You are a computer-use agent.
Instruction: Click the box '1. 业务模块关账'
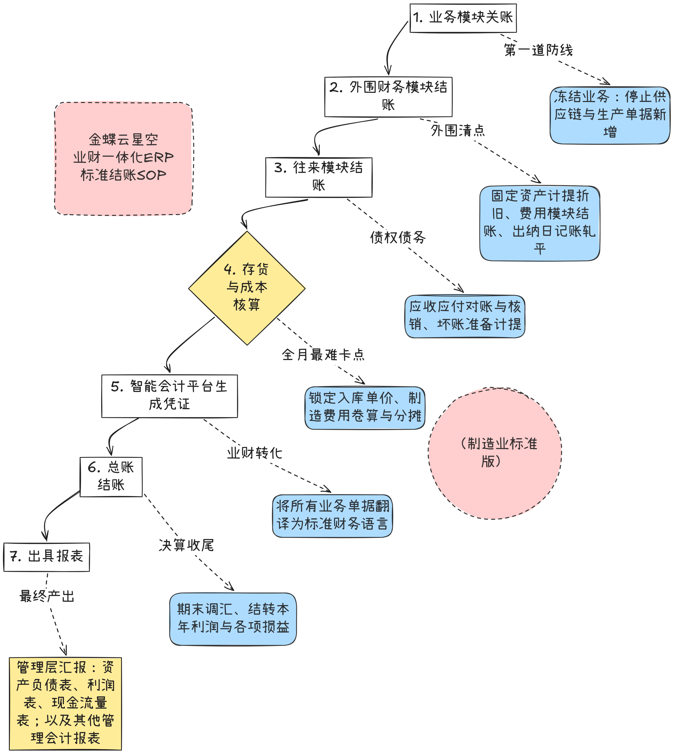click(x=463, y=18)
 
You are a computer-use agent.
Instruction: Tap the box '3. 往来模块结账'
click(x=319, y=177)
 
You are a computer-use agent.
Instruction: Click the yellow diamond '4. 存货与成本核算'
click(x=247, y=288)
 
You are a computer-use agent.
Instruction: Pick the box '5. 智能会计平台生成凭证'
click(x=170, y=396)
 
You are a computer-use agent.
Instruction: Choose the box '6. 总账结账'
click(x=111, y=477)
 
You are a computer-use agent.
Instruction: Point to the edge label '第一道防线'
click(x=538, y=50)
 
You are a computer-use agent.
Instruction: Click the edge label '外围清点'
click(x=458, y=130)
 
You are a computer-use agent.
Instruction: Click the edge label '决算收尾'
click(x=186, y=545)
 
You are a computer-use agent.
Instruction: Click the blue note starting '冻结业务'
click(x=610, y=115)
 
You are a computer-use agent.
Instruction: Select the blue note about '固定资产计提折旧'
click(x=539, y=223)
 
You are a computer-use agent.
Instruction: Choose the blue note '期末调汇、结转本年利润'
click(x=233, y=619)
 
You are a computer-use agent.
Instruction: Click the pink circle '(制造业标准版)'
click(x=495, y=453)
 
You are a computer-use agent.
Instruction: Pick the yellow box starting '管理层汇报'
click(x=65, y=704)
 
